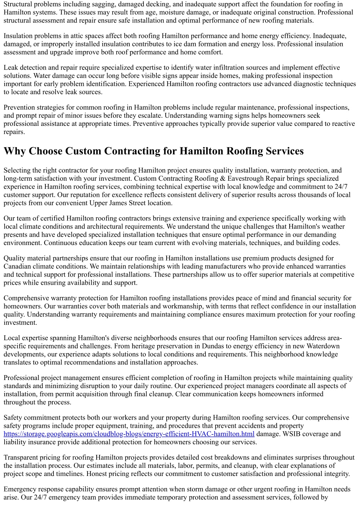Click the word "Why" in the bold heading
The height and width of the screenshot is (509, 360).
(15, 151)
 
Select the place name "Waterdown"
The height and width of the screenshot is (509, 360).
(324, 346)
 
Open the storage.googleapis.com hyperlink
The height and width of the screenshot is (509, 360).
(129, 434)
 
